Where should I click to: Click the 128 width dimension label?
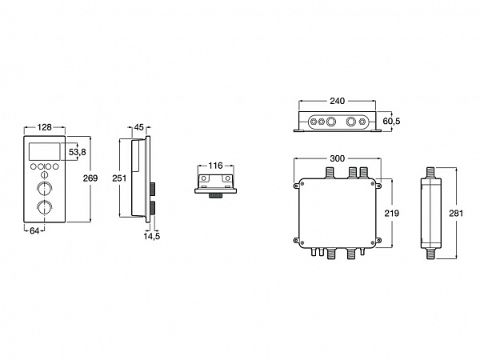pos(45,127)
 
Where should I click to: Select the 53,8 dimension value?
pos(78,152)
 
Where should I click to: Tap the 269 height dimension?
pos(90,178)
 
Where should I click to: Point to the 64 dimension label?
pos(34,231)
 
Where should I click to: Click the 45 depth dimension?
pos(139,127)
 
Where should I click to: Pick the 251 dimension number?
pos(119,178)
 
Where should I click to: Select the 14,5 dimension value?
pos(152,236)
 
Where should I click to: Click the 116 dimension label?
pos(215,166)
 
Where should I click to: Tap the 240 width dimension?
pos(338,101)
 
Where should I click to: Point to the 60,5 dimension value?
pos(391,122)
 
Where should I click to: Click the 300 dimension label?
pos(338,158)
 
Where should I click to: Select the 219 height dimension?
pos(392,213)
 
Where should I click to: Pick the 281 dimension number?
pos(456,213)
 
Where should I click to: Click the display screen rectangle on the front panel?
pos(44,151)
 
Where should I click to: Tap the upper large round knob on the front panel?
pos(44,188)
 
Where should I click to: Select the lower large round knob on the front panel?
pos(44,207)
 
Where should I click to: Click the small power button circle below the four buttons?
pos(44,174)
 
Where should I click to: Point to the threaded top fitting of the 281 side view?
pos(430,172)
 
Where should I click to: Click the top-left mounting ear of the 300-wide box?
pos(296,186)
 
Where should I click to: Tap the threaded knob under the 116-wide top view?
pos(216,196)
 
